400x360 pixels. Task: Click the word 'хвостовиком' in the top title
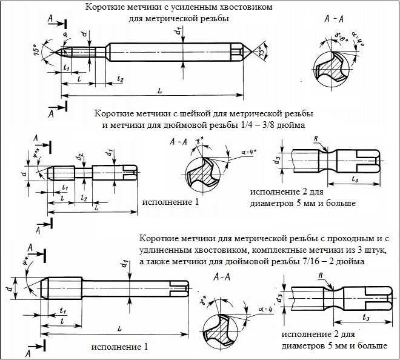(239, 7)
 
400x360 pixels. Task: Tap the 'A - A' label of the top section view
(335, 19)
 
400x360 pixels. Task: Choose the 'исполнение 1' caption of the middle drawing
(170, 201)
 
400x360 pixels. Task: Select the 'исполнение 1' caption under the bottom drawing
(119, 347)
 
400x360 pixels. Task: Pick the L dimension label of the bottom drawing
(119, 328)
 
